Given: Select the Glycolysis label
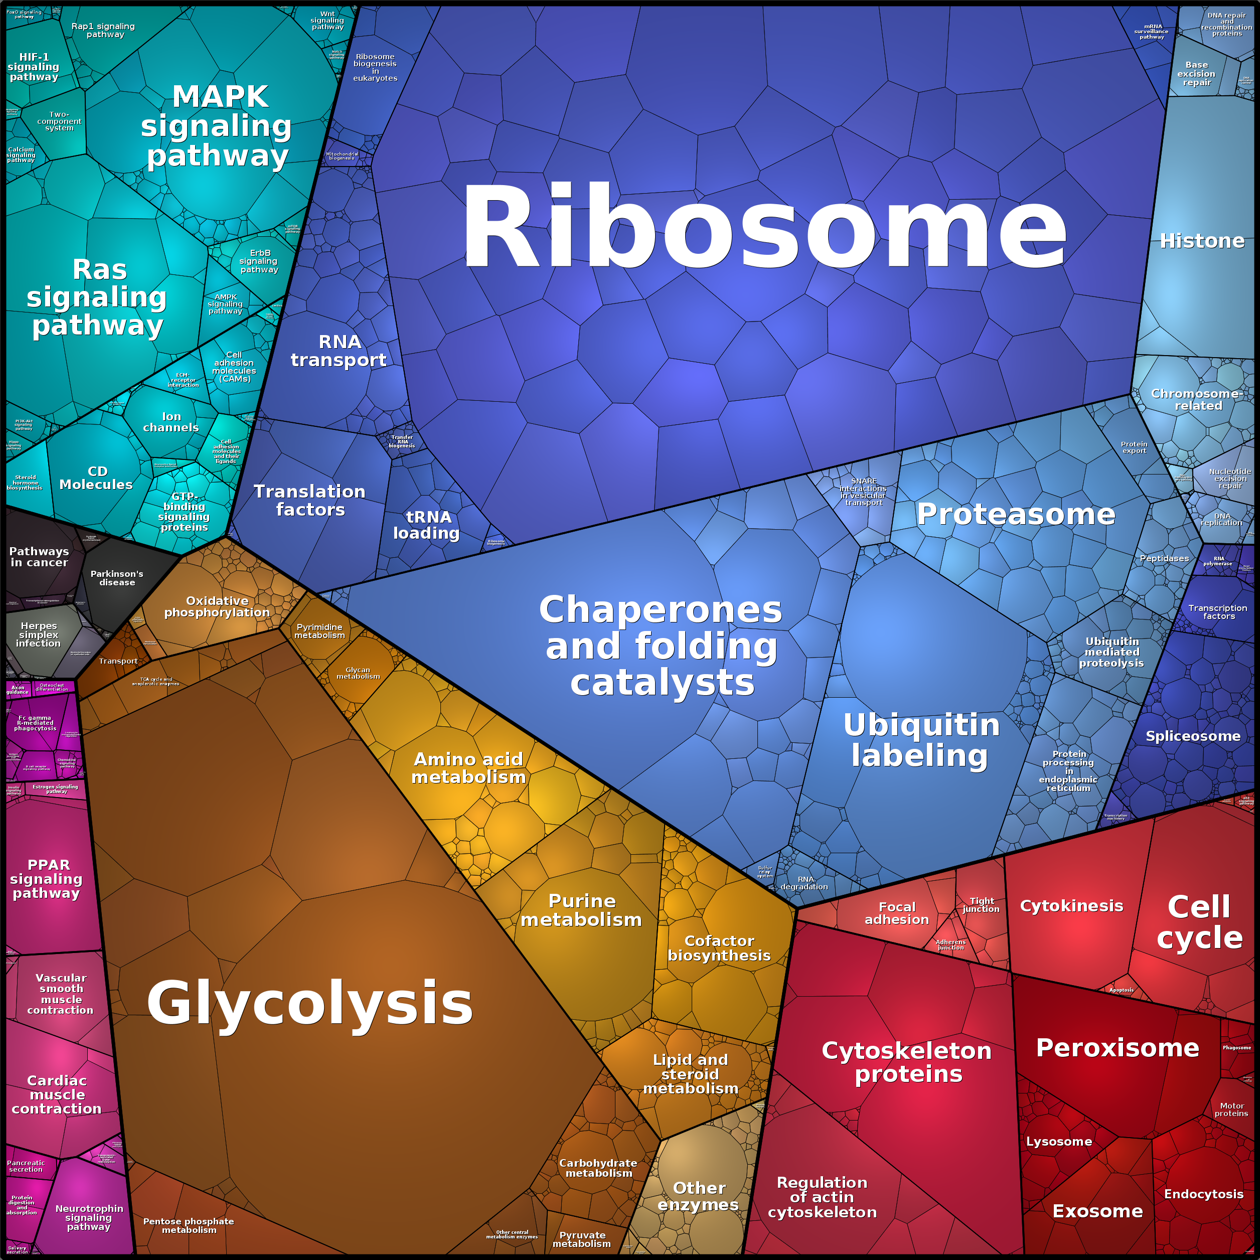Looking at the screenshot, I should (x=310, y=1004).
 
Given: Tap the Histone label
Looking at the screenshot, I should (x=1202, y=241).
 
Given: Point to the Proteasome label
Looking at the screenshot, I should (x=1015, y=515).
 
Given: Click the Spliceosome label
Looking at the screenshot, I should (x=1193, y=736).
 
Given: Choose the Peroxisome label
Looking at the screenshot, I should (x=1117, y=1048).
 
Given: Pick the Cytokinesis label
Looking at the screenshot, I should (x=1071, y=906).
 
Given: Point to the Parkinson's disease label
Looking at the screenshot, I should (x=117, y=578).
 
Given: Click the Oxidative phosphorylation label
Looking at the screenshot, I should (x=217, y=606).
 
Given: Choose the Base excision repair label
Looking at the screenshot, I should (x=1196, y=74).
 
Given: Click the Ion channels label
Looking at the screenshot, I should (x=171, y=422).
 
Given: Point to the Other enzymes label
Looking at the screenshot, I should (x=698, y=1196).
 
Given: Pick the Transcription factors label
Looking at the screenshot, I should (x=1217, y=612).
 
